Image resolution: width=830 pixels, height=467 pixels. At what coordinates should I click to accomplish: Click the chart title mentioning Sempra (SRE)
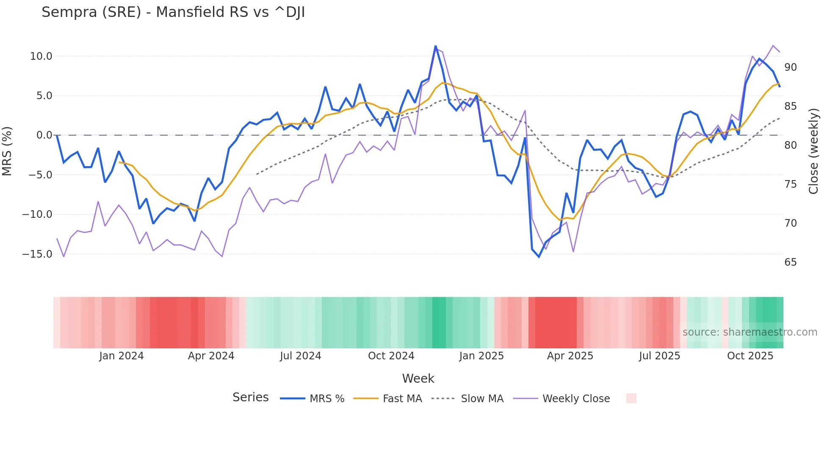[173, 12]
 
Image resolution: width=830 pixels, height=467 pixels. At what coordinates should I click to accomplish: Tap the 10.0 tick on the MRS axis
[41, 56]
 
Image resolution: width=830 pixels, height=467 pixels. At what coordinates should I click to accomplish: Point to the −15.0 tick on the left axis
[38, 254]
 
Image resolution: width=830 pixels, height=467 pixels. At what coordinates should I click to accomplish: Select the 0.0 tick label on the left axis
[44, 135]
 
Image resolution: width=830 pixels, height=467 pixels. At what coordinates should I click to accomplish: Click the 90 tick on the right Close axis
[790, 67]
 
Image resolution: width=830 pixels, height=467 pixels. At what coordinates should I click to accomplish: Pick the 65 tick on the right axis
[790, 262]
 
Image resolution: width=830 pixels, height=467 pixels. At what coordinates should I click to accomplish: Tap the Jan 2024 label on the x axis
[122, 356]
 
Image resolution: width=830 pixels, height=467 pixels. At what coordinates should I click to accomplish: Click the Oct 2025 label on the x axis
[750, 356]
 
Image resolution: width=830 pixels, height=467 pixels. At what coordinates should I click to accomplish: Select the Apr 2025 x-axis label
[570, 356]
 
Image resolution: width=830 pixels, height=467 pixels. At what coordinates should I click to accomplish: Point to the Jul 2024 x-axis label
[300, 356]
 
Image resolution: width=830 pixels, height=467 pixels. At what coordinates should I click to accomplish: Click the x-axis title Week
[418, 378]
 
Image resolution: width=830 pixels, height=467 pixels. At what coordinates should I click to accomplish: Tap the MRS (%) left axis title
[7, 151]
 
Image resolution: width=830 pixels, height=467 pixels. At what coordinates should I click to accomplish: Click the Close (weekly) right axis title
[813, 151]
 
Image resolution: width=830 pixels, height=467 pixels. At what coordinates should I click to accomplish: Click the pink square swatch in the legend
[631, 398]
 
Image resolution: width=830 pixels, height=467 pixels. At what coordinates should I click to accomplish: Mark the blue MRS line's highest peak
[435, 46]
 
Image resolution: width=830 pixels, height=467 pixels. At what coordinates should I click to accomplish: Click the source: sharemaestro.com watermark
[750, 332]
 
